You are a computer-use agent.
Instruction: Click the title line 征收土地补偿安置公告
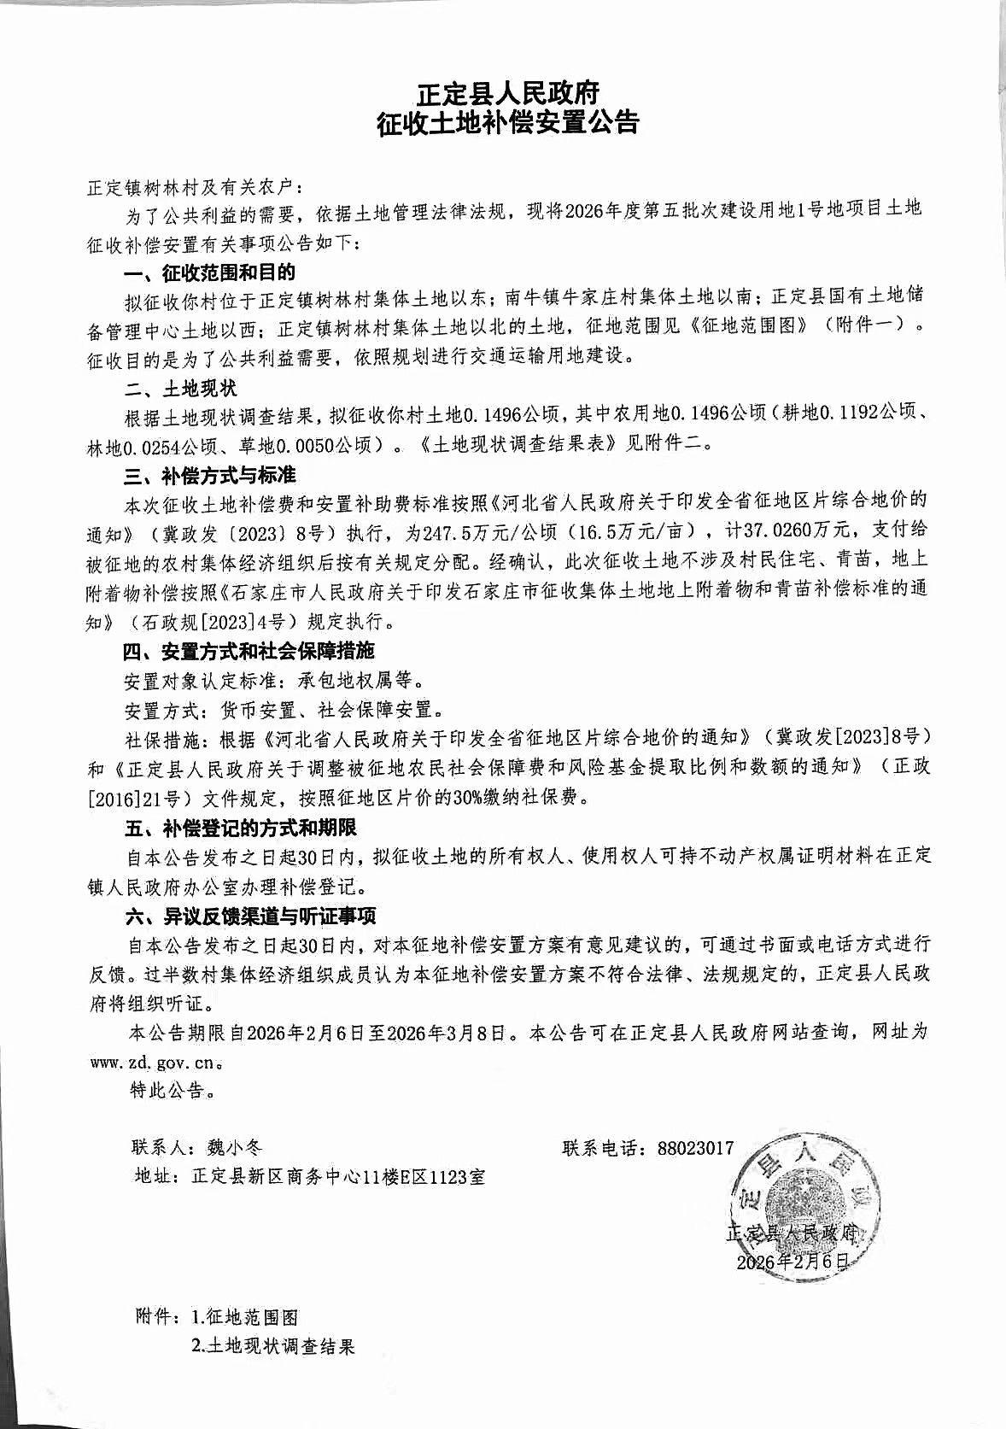[x=508, y=123]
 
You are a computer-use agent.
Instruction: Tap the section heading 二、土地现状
[x=180, y=389]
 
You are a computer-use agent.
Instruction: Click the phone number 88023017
[x=695, y=1148]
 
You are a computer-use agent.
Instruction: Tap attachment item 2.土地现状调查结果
[x=272, y=1347]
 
